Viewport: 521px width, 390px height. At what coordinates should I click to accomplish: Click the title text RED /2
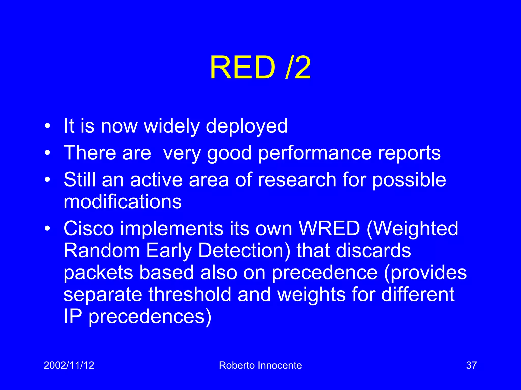pyautogui.click(x=260, y=68)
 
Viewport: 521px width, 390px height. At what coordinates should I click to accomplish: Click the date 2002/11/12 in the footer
pyautogui.click(x=69, y=365)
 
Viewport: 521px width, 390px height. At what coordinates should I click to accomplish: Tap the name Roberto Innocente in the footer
pyautogui.click(x=260, y=365)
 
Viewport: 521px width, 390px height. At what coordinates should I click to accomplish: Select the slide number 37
pyautogui.click(x=471, y=365)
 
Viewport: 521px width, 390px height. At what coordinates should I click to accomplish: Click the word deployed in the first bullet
pyautogui.click(x=247, y=126)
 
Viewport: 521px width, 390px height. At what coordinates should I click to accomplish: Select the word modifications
pyautogui.click(x=122, y=201)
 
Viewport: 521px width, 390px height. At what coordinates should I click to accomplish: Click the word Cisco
pyautogui.click(x=89, y=228)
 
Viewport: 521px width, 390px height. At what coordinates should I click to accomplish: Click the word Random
pyautogui.click(x=102, y=250)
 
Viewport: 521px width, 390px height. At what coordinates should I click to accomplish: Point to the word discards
pyautogui.click(x=373, y=250)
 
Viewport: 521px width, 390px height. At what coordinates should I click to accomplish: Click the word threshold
pyautogui.click(x=190, y=294)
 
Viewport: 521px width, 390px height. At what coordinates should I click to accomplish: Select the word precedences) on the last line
pyautogui.click(x=150, y=317)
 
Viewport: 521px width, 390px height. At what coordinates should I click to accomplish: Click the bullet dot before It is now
pyautogui.click(x=47, y=126)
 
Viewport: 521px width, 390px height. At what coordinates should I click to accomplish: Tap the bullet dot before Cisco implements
pyautogui.click(x=47, y=228)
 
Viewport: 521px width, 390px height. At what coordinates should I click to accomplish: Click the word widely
pyautogui.click(x=172, y=126)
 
